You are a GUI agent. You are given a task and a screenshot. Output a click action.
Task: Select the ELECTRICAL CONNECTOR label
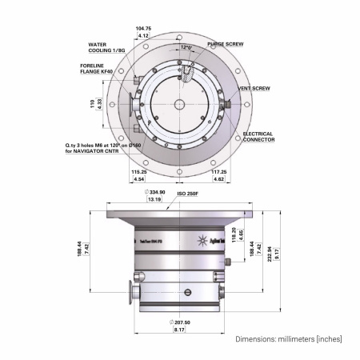[258, 137]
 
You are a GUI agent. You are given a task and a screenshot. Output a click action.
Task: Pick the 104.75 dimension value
[143, 28]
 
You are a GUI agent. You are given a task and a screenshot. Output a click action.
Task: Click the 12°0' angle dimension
[186, 47]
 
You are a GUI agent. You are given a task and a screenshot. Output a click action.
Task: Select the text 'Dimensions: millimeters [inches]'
[288, 339]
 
